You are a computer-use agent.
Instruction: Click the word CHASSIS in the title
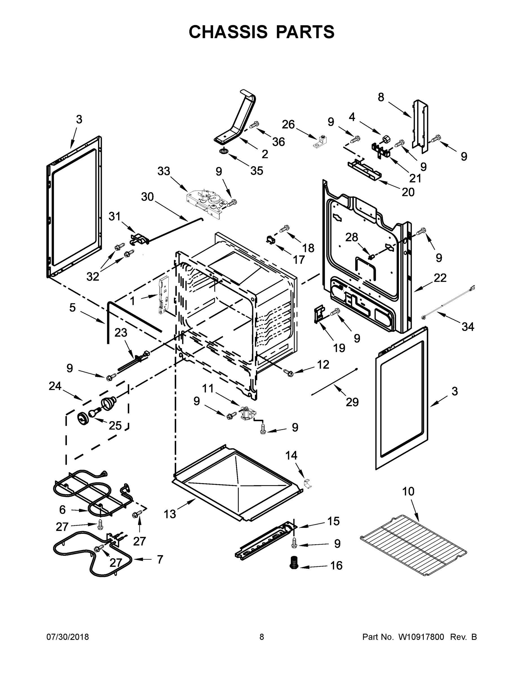[x=228, y=32]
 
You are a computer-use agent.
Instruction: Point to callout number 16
[x=336, y=566]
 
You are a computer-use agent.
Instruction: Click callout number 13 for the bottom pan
[x=170, y=514]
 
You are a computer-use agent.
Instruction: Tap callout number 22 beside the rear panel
[x=440, y=278]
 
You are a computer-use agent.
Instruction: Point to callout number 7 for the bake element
[x=160, y=559]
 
